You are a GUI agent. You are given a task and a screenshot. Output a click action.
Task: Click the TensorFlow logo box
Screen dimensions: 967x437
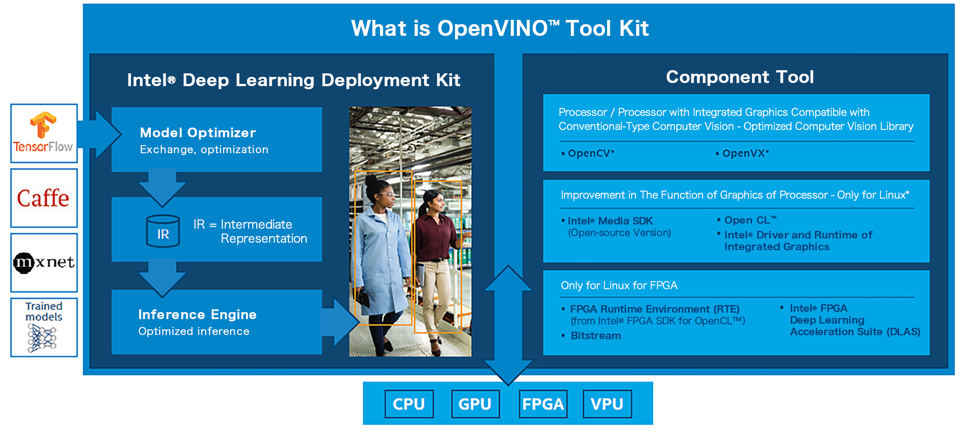click(x=44, y=133)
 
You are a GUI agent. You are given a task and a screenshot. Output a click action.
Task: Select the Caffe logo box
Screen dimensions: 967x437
click(x=44, y=198)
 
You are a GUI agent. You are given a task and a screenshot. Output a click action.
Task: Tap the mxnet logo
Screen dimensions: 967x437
click(x=44, y=263)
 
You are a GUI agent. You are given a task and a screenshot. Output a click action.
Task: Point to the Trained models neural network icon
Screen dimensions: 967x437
click(x=42, y=338)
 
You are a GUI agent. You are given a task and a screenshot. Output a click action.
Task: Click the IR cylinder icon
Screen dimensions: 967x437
click(x=163, y=231)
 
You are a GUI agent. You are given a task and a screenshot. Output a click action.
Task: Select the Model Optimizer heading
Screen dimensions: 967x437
click(x=198, y=133)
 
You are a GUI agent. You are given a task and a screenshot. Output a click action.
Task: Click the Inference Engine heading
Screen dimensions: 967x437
click(x=197, y=314)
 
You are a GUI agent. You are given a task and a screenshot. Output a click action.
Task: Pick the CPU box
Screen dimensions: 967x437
click(x=409, y=404)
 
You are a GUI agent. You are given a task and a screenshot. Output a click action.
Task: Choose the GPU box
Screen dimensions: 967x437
click(x=475, y=404)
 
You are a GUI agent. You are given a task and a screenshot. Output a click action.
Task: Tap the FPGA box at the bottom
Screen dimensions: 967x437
click(x=543, y=404)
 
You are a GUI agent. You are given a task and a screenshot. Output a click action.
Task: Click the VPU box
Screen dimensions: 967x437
click(x=607, y=404)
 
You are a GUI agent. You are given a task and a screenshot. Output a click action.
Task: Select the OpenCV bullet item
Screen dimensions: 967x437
click(x=588, y=153)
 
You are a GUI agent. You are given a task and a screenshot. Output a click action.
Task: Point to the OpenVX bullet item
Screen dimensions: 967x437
click(x=742, y=153)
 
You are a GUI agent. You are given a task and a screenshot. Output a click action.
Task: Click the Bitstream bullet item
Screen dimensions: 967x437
click(x=591, y=336)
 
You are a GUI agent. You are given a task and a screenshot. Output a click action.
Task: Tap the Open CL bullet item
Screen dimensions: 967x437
click(x=747, y=220)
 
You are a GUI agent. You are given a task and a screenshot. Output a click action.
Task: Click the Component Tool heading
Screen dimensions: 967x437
click(x=740, y=77)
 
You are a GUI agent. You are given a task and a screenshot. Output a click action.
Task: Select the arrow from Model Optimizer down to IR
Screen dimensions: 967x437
click(x=162, y=188)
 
